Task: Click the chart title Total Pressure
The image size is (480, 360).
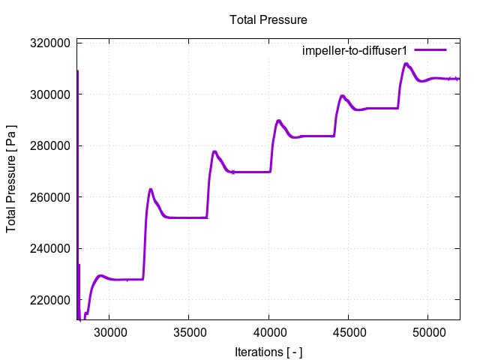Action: tap(268, 19)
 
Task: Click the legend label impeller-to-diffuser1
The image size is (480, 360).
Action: tap(354, 50)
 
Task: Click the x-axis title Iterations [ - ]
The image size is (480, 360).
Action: tap(268, 352)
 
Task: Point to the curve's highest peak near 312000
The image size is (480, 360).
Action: tap(406, 64)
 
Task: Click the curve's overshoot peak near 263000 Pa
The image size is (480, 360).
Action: tap(151, 189)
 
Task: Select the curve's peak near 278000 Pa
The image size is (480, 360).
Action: tap(214, 151)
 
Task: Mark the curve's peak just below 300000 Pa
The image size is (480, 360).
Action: tap(342, 96)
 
